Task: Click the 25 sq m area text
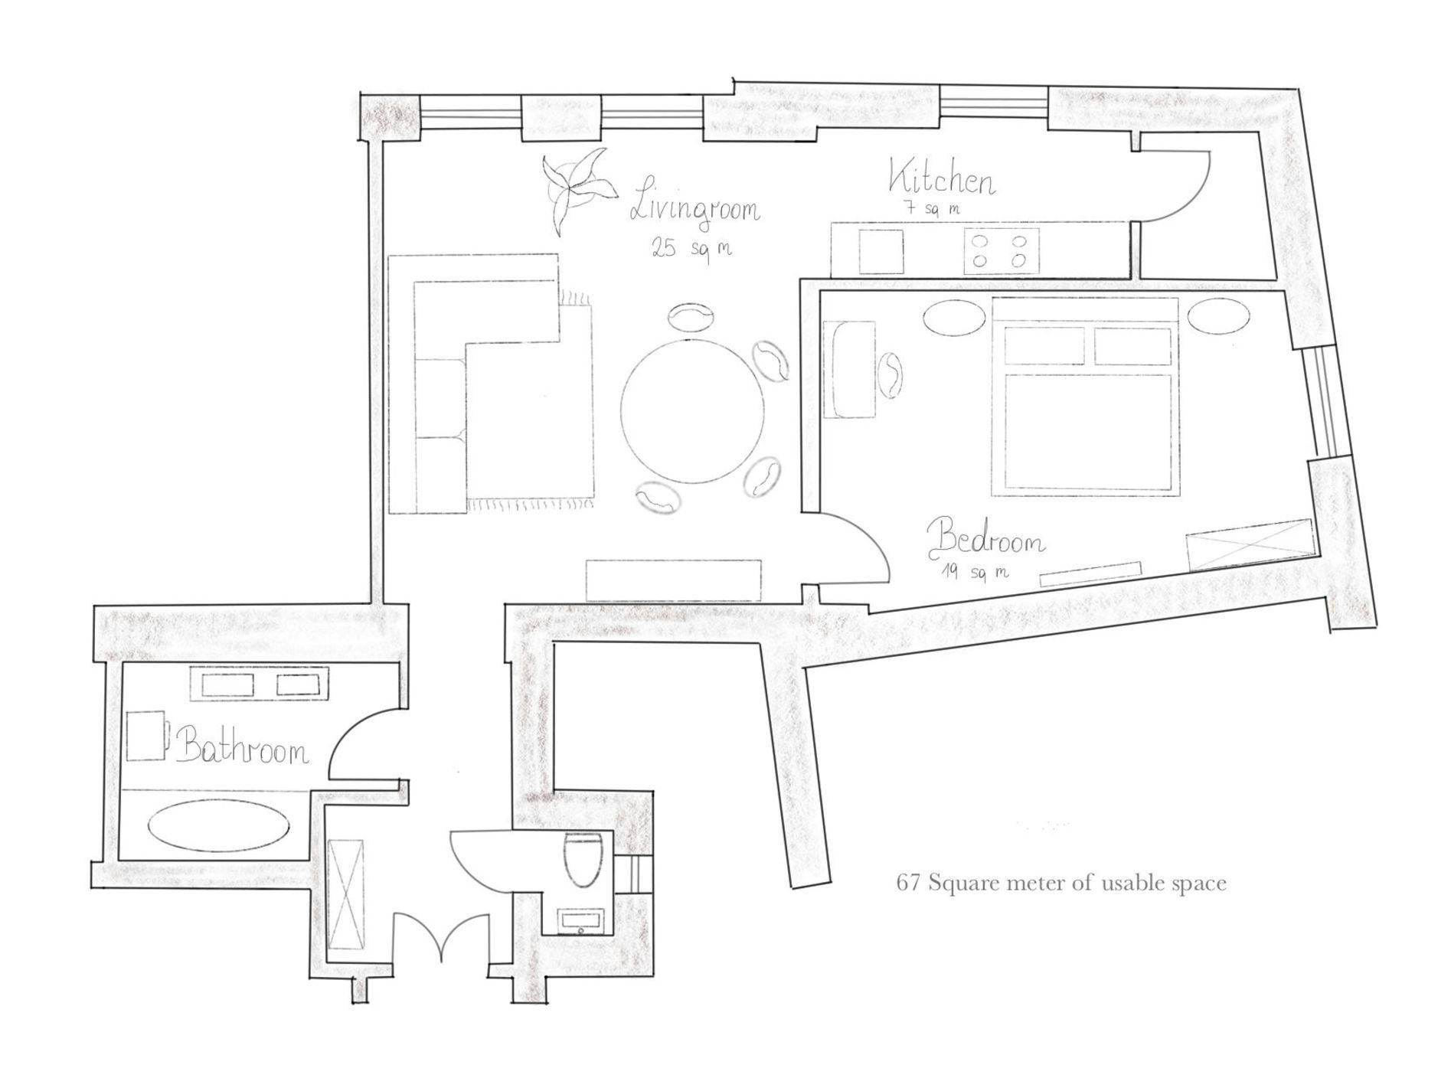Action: [x=691, y=248]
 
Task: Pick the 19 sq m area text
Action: [x=975, y=572]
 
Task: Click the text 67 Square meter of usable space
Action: [x=1061, y=884]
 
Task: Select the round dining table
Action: [x=692, y=411]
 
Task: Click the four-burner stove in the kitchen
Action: [x=998, y=250]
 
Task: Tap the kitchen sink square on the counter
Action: [x=881, y=250]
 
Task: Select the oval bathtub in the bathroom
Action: [x=218, y=825]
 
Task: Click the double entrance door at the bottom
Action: [x=441, y=936]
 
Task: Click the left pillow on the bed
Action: [x=1044, y=346]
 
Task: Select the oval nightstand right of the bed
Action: [x=1219, y=315]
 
